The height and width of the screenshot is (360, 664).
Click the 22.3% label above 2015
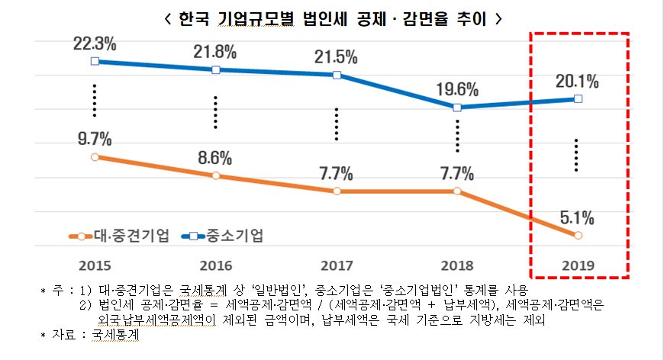tap(93, 43)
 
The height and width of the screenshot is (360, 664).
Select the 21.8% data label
tap(214, 53)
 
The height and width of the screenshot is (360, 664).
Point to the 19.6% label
tap(457, 89)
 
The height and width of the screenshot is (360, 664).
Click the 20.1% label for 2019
tap(577, 82)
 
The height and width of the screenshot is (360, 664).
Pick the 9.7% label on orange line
tap(93, 139)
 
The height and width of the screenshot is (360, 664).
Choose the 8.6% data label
tap(214, 158)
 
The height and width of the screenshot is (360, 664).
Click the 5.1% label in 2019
tap(577, 217)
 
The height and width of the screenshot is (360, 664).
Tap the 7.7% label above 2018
tap(457, 173)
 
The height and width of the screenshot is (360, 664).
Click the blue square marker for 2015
tap(94, 61)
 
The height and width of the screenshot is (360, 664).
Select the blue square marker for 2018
tap(457, 108)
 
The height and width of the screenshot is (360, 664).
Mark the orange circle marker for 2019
tap(577, 236)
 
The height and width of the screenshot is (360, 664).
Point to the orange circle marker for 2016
tap(215, 175)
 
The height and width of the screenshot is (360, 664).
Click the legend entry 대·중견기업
tap(119, 236)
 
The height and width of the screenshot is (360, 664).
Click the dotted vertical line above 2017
tap(336, 124)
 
